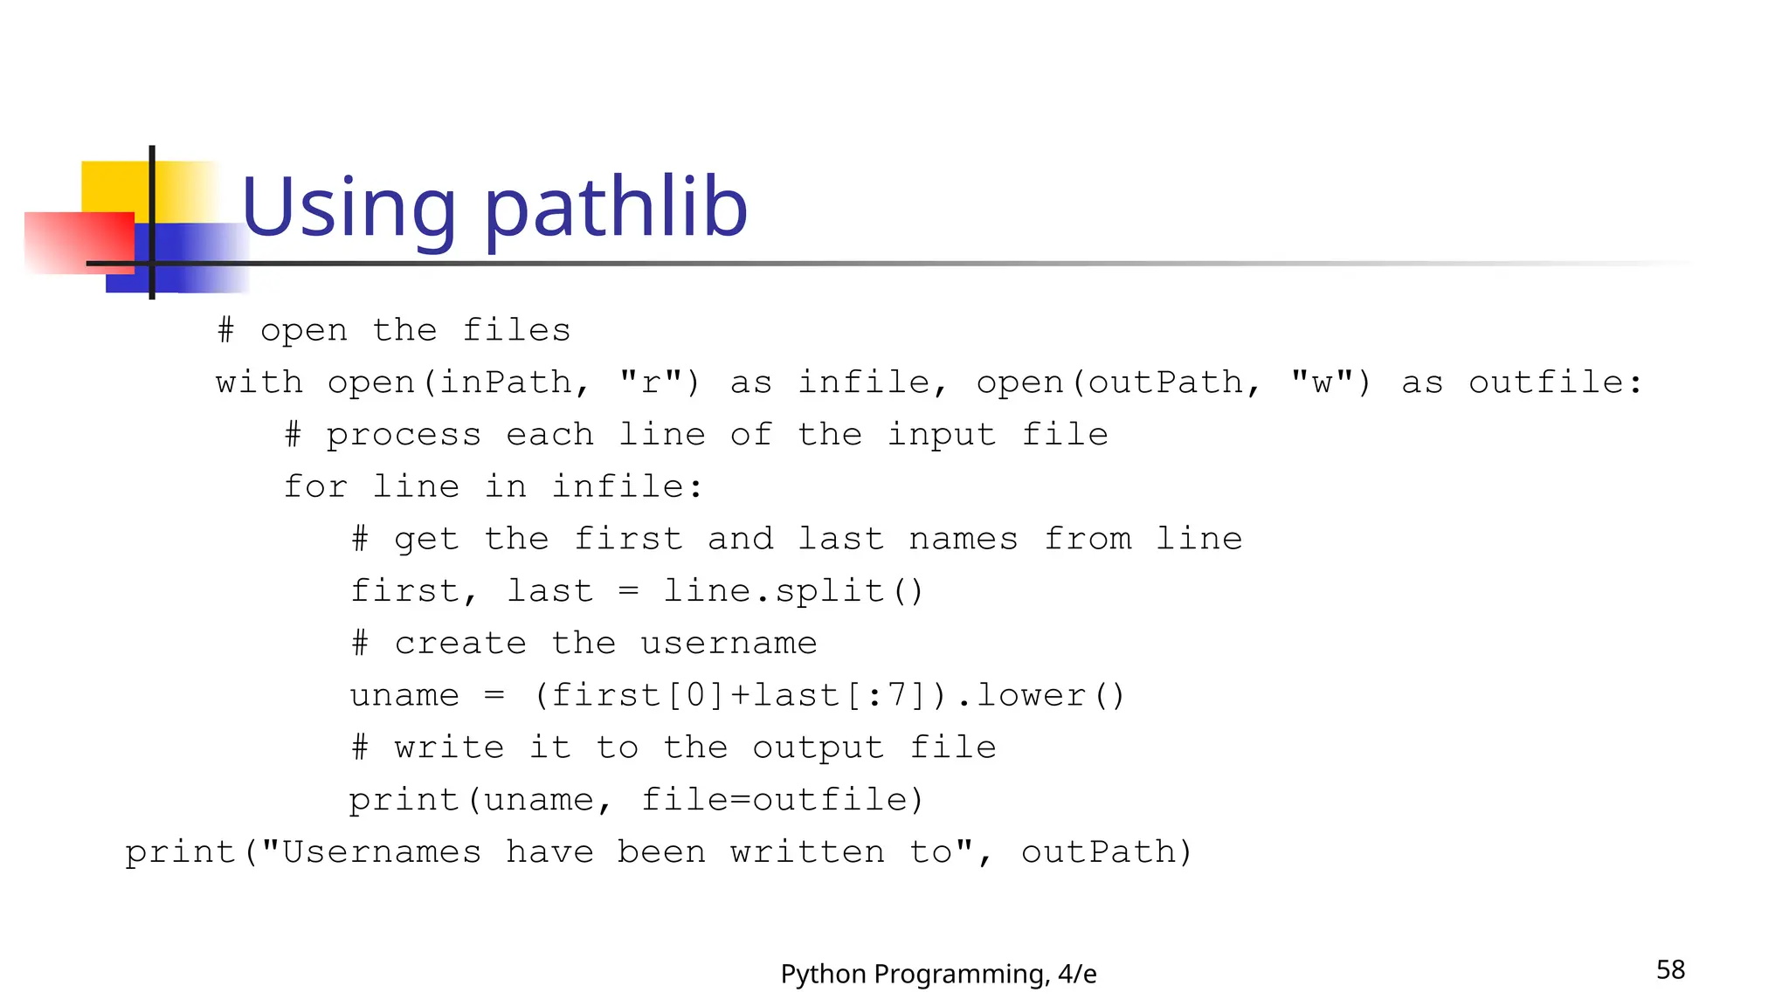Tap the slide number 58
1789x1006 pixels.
tap(1670, 969)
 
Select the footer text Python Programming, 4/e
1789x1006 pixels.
tap(938, 974)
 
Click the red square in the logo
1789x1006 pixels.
tap(79, 243)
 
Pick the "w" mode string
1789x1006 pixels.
tap(1322, 382)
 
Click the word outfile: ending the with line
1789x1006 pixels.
tap(1555, 382)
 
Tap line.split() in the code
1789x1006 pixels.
tap(792, 591)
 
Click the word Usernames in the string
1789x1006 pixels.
tap(381, 852)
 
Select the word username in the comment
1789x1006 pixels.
tap(729, 644)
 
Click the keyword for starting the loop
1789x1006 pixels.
tap(315, 486)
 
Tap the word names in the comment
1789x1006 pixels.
tap(963, 539)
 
